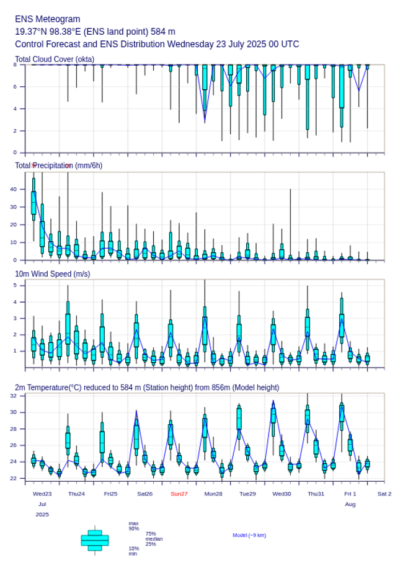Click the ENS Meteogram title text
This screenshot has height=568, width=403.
tap(47, 19)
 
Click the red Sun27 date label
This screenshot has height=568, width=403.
tap(179, 494)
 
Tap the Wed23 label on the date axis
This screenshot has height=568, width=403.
tap(42, 494)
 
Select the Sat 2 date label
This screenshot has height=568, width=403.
tap(384, 494)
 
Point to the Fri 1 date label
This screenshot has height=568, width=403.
tap(350, 494)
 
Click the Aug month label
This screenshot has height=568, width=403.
tap(350, 504)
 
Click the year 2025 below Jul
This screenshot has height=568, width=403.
tap(42, 514)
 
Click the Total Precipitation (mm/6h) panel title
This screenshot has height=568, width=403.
tap(59, 166)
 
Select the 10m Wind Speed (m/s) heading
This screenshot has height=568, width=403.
tap(53, 273)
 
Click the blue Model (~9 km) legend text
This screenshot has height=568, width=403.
tap(249, 535)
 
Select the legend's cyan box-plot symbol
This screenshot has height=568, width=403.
tap(95, 540)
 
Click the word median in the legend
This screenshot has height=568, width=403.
tap(154, 539)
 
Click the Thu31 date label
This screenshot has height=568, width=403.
tap(316, 494)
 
